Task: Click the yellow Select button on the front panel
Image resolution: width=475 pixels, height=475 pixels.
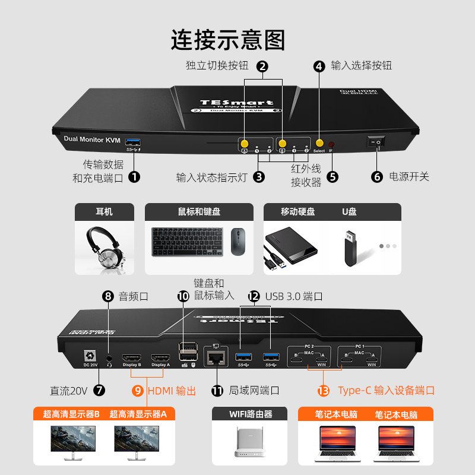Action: pyautogui.click(x=319, y=144)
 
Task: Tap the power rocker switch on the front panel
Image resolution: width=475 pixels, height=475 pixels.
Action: pyautogui.click(x=375, y=142)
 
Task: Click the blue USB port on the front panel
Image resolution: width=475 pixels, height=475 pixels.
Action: pyautogui.click(x=134, y=141)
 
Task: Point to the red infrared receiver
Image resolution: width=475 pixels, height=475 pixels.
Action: pyautogui.click(x=332, y=145)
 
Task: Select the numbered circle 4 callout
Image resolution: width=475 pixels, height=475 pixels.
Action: pyautogui.click(x=319, y=66)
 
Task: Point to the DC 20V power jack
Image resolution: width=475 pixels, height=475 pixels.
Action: pyautogui.click(x=91, y=356)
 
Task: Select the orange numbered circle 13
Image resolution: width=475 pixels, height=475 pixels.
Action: pyautogui.click(x=324, y=390)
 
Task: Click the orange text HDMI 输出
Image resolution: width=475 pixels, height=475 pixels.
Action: pyautogui.click(x=172, y=391)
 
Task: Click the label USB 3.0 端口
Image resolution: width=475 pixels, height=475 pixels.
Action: pyautogui.click(x=294, y=296)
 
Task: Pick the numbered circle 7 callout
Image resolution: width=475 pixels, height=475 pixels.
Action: pyautogui.click(x=99, y=390)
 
